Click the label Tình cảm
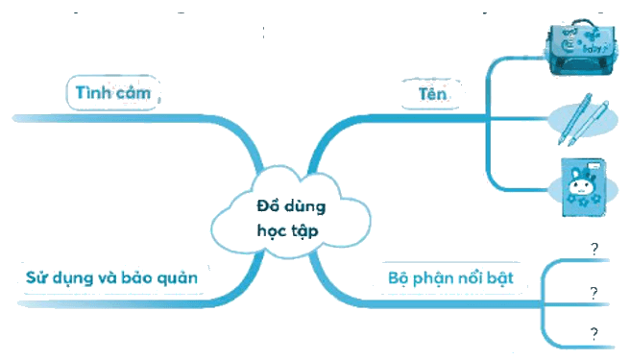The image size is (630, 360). pos(113,93)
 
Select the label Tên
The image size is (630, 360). pos(432,94)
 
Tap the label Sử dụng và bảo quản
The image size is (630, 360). pos(111,278)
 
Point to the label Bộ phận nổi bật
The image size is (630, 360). pos(450,278)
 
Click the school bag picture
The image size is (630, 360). pos(580,47)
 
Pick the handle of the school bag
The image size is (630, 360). pos(584,22)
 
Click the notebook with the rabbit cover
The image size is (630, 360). pos(583,187)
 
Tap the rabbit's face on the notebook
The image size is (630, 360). pos(581,186)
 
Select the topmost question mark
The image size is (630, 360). pos(594,249)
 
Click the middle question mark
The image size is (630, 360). pos(594,294)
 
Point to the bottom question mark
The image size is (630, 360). pos(594,334)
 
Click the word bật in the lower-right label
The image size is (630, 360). pos(499,278)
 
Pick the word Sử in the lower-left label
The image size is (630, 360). pos(36,277)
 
